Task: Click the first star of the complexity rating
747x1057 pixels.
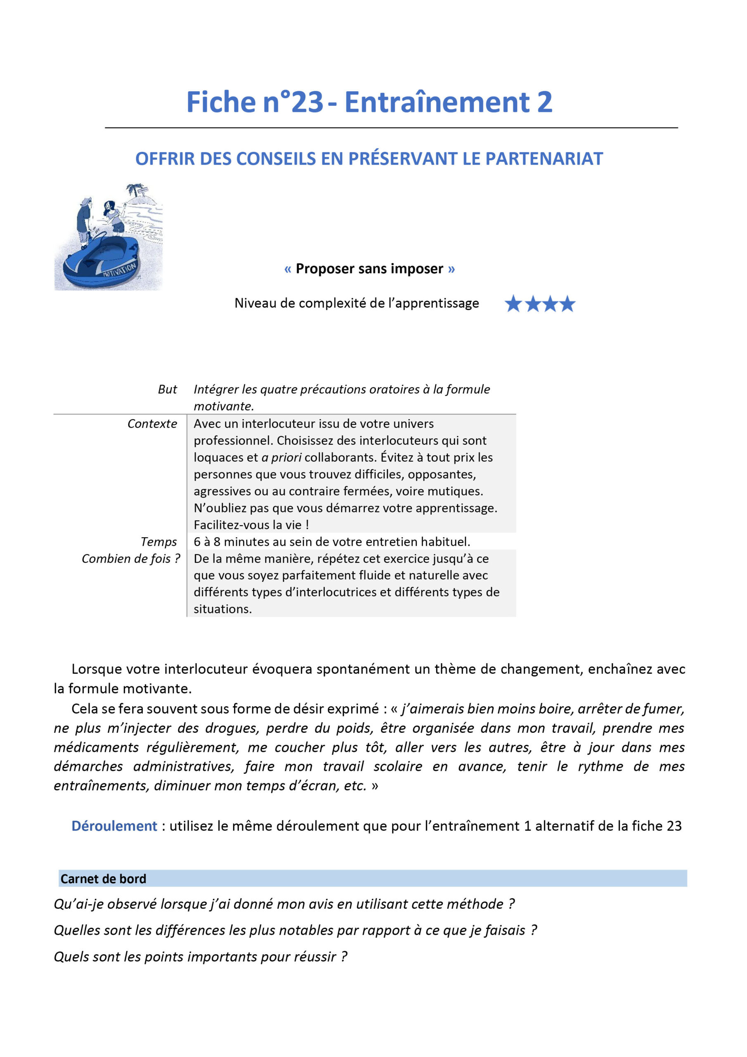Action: coord(513,304)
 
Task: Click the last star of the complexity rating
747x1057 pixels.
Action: coord(567,304)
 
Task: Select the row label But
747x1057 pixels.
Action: coord(167,389)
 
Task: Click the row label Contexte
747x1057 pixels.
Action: coord(152,424)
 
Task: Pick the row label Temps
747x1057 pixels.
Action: coord(158,542)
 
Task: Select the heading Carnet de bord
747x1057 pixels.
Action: coord(103,879)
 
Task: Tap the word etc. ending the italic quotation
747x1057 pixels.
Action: coord(355,785)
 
